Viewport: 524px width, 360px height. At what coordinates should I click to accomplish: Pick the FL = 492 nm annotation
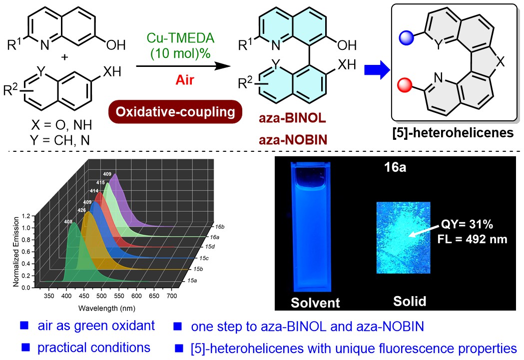coord(471,239)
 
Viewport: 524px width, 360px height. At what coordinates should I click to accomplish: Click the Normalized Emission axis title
coord(16,252)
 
